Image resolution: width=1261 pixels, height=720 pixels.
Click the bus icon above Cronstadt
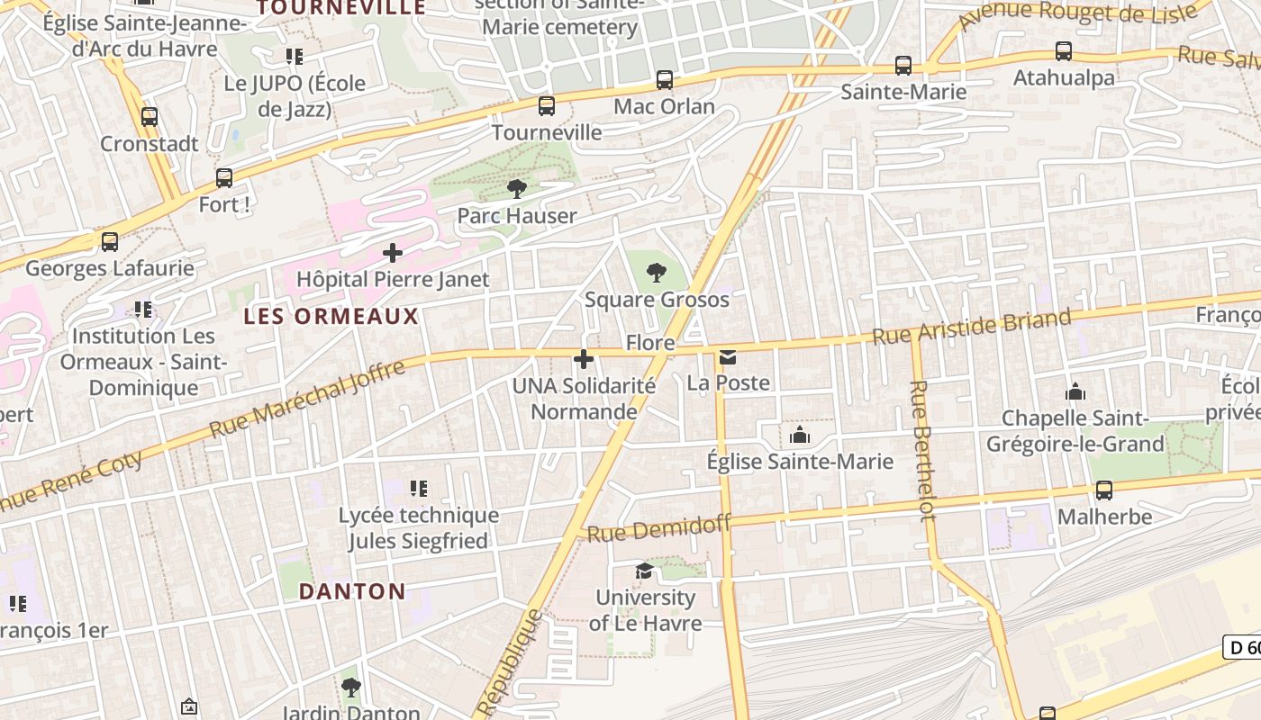[150, 116]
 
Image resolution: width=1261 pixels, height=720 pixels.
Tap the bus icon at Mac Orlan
[665, 80]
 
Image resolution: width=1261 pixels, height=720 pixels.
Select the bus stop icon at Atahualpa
[1064, 51]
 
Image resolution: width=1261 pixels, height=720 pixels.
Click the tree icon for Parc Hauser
[517, 189]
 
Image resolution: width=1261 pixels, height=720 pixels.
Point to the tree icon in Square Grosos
[657, 272]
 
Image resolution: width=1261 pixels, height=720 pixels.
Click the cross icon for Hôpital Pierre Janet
[393, 253]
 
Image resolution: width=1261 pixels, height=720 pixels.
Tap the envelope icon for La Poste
[728, 357]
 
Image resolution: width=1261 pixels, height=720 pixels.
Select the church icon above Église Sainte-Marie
[800, 436]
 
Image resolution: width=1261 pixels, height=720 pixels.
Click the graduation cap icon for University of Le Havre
[644, 571]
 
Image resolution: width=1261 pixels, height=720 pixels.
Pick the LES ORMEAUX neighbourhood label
[331, 317]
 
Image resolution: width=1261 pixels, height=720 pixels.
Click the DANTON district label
[352, 591]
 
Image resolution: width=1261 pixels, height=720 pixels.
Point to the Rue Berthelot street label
[923, 450]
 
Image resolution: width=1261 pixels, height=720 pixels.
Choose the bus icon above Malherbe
[1104, 490]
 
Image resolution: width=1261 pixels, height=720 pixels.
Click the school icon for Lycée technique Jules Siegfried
[418, 489]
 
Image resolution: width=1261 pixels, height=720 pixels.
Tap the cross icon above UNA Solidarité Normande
[584, 360]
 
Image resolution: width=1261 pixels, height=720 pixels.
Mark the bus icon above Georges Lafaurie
[110, 242]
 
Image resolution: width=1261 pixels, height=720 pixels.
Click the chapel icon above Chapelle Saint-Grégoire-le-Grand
[1075, 392]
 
